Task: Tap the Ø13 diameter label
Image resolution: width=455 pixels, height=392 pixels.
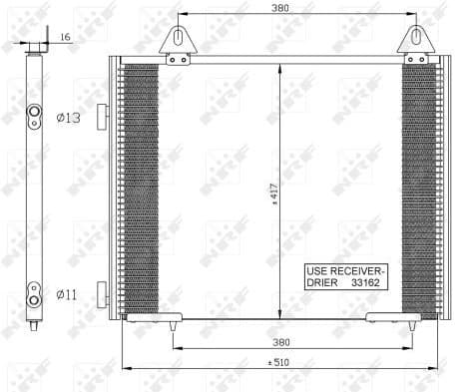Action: click(x=67, y=119)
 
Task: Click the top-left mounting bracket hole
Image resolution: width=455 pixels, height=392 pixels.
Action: click(x=179, y=37)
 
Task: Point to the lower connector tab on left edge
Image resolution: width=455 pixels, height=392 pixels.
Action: click(x=102, y=294)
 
